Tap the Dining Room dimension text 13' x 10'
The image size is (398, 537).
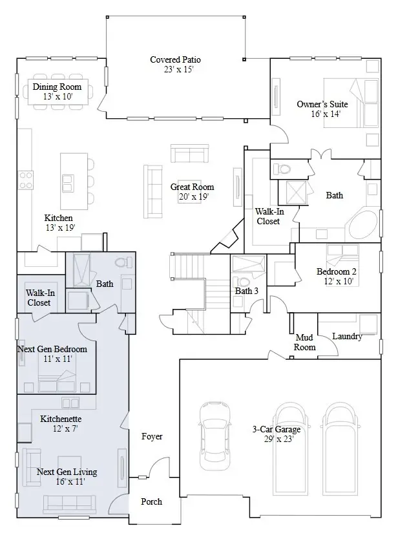coord(58,96)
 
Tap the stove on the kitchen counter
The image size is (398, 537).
coord(26,178)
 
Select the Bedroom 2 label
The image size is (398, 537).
coord(337,271)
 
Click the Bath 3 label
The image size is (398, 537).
coord(246,291)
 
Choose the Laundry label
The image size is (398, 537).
coord(347,337)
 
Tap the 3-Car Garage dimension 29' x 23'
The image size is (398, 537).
coord(273,439)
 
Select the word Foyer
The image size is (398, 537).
coord(152,437)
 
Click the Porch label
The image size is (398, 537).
coord(151,501)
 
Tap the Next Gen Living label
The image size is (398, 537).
coord(67,472)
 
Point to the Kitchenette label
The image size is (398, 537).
coord(61,419)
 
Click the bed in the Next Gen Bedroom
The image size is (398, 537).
coord(58,375)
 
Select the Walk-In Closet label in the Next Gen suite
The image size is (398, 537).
coord(39,297)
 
